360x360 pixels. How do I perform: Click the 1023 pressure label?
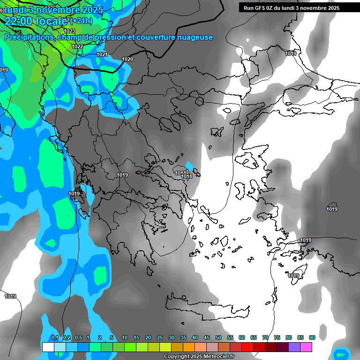coord(69,31)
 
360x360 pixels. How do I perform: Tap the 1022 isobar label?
coord(78,46)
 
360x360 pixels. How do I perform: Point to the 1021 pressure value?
coord(102,54)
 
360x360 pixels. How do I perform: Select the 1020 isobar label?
coord(127,59)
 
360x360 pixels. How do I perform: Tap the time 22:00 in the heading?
coord(21,21)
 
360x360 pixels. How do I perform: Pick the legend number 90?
coord(312,337)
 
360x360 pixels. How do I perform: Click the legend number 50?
coord(218,337)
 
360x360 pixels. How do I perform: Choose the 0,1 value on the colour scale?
coord(55,337)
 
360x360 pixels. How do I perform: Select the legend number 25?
coord(160,337)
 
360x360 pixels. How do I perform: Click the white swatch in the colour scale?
coord(48,347)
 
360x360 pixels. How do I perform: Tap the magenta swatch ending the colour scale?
coord(306,347)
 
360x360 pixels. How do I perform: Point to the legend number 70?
coord(265,337)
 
